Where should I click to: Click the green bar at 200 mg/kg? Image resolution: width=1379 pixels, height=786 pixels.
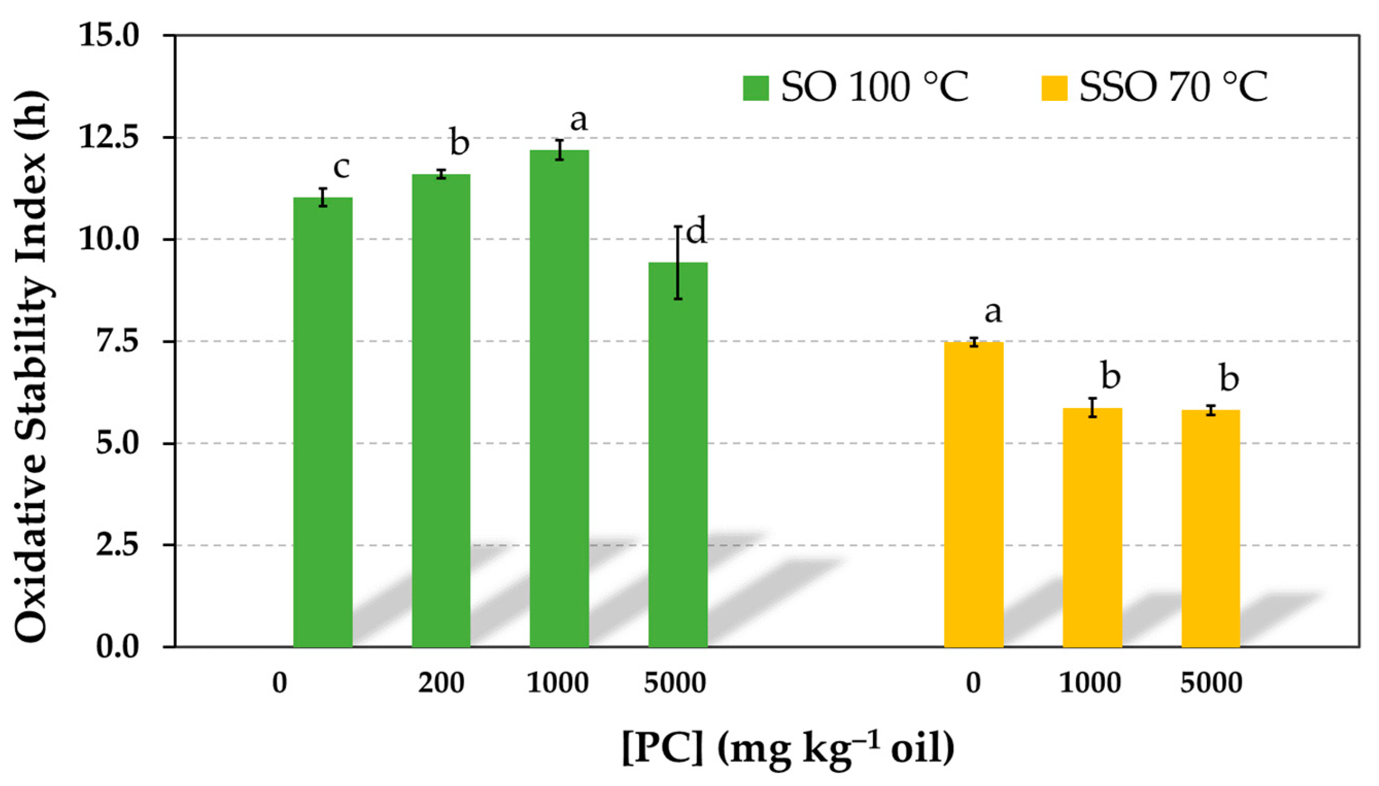coord(441,410)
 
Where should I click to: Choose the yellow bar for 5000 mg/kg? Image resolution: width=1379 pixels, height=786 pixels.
coord(1211,529)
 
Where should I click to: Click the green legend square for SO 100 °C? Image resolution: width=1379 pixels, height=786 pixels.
coord(755,89)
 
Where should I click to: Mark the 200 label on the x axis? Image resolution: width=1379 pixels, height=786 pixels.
coord(441,684)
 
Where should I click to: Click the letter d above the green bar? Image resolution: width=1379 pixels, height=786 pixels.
coord(696,232)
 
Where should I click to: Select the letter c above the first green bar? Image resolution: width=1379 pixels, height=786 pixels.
coord(341,167)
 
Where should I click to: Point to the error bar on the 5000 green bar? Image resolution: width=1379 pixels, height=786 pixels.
coord(678,263)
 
